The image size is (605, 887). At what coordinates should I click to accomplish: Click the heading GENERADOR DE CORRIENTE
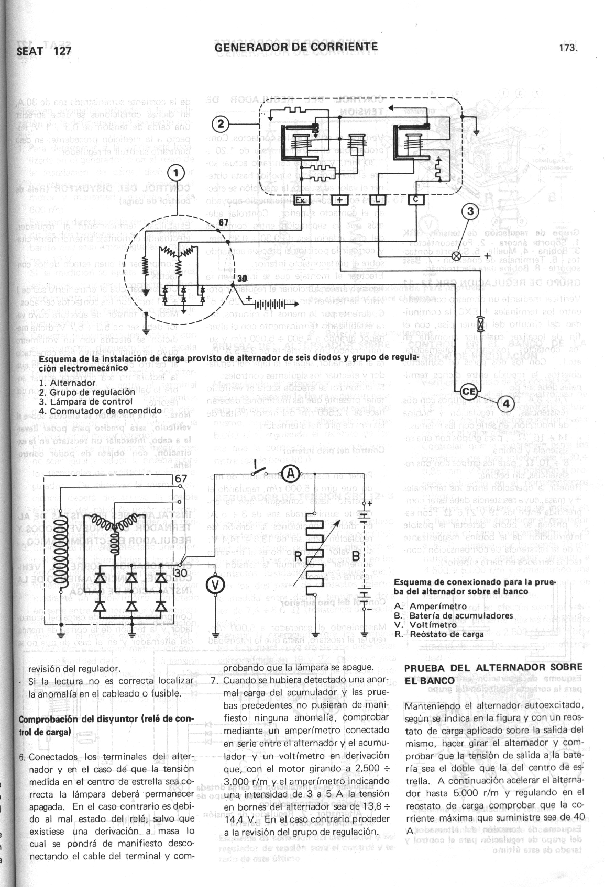[x=296, y=47]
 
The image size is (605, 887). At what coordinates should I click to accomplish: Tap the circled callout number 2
[x=221, y=125]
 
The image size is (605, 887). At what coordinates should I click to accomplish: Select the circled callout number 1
[x=176, y=174]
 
